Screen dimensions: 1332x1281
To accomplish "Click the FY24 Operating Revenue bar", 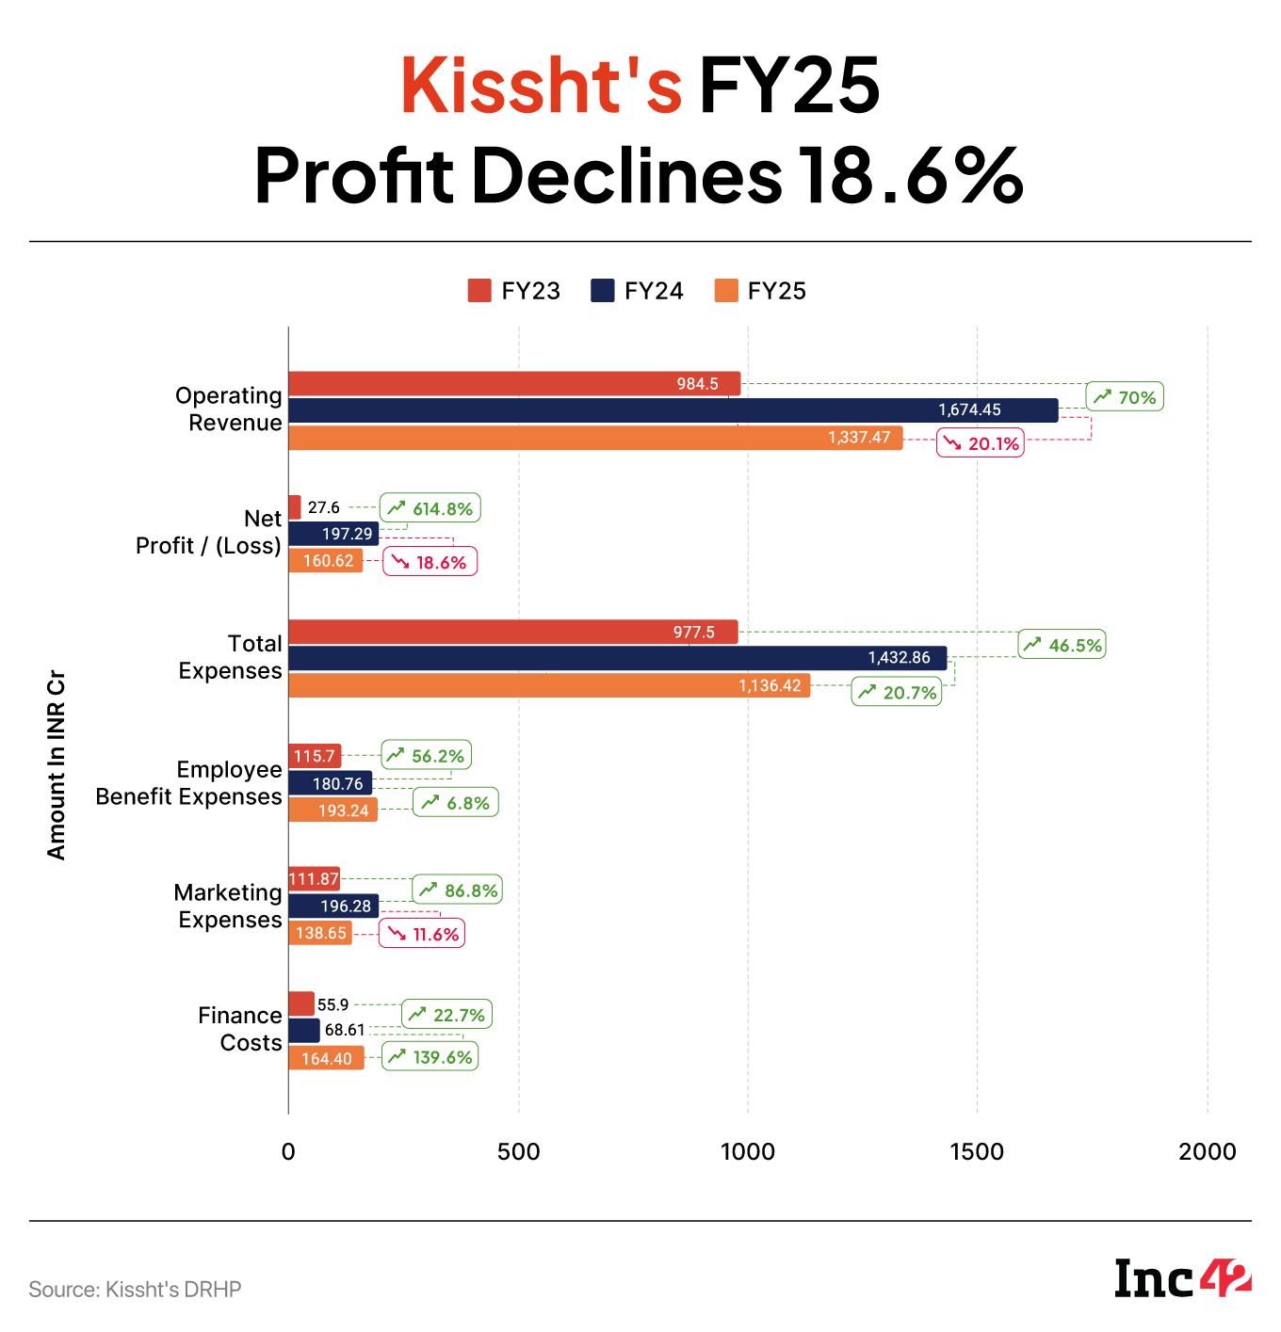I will (673, 410).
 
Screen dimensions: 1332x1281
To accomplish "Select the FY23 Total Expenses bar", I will (512, 632).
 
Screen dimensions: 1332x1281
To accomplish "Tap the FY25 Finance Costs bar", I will (326, 1058).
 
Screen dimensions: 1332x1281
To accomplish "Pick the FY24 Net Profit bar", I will (332, 534).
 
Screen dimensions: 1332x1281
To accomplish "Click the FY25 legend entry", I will (761, 291).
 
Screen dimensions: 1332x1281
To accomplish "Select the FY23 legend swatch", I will (479, 291).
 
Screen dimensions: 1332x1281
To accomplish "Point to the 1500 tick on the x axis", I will (977, 1151).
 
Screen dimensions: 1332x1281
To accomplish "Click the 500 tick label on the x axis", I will (518, 1151).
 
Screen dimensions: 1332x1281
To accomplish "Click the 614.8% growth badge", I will (430, 508).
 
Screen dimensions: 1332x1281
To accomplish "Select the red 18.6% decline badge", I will (430, 562).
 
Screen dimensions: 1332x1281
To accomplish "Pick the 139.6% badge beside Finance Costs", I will (430, 1056).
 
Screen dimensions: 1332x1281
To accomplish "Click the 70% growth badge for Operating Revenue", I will (1125, 397).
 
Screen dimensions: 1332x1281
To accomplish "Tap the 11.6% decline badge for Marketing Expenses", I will (422, 934).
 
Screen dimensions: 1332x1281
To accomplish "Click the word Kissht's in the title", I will (541, 86).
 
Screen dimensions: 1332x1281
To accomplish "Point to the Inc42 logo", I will (1183, 1277).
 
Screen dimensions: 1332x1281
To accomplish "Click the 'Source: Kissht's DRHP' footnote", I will (135, 1289).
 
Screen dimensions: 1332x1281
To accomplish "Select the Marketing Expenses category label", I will (228, 906).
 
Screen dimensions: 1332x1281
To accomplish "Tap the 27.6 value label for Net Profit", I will (323, 507).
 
